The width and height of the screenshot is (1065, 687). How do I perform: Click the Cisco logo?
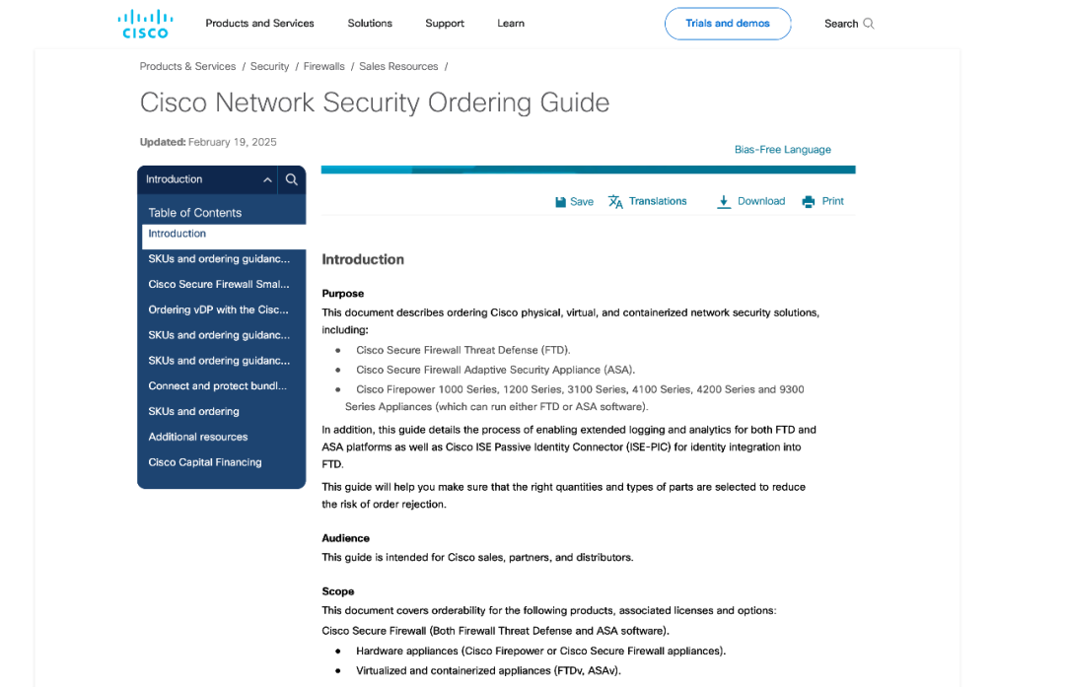145,24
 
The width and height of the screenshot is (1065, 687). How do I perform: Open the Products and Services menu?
259,24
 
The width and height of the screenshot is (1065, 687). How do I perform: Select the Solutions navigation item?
370,24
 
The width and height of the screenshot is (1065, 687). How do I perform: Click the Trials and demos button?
727,24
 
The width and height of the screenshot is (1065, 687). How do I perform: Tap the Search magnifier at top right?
869,24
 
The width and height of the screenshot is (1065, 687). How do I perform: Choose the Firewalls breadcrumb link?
323,67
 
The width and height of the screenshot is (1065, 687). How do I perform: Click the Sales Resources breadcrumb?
398,67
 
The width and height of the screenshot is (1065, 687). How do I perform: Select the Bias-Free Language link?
782,150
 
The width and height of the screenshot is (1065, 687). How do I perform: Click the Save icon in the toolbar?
560,202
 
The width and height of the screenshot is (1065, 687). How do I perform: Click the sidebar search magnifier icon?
291,179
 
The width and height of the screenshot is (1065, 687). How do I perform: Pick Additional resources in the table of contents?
197,437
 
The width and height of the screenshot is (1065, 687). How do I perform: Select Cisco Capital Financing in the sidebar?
204,462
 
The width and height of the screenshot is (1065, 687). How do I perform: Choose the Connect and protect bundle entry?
217,386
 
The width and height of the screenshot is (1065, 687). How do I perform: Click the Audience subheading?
345,538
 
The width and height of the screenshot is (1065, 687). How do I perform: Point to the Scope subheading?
337,591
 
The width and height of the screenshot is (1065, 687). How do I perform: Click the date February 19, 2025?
232,142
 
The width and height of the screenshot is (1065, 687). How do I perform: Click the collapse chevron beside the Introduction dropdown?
267,179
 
